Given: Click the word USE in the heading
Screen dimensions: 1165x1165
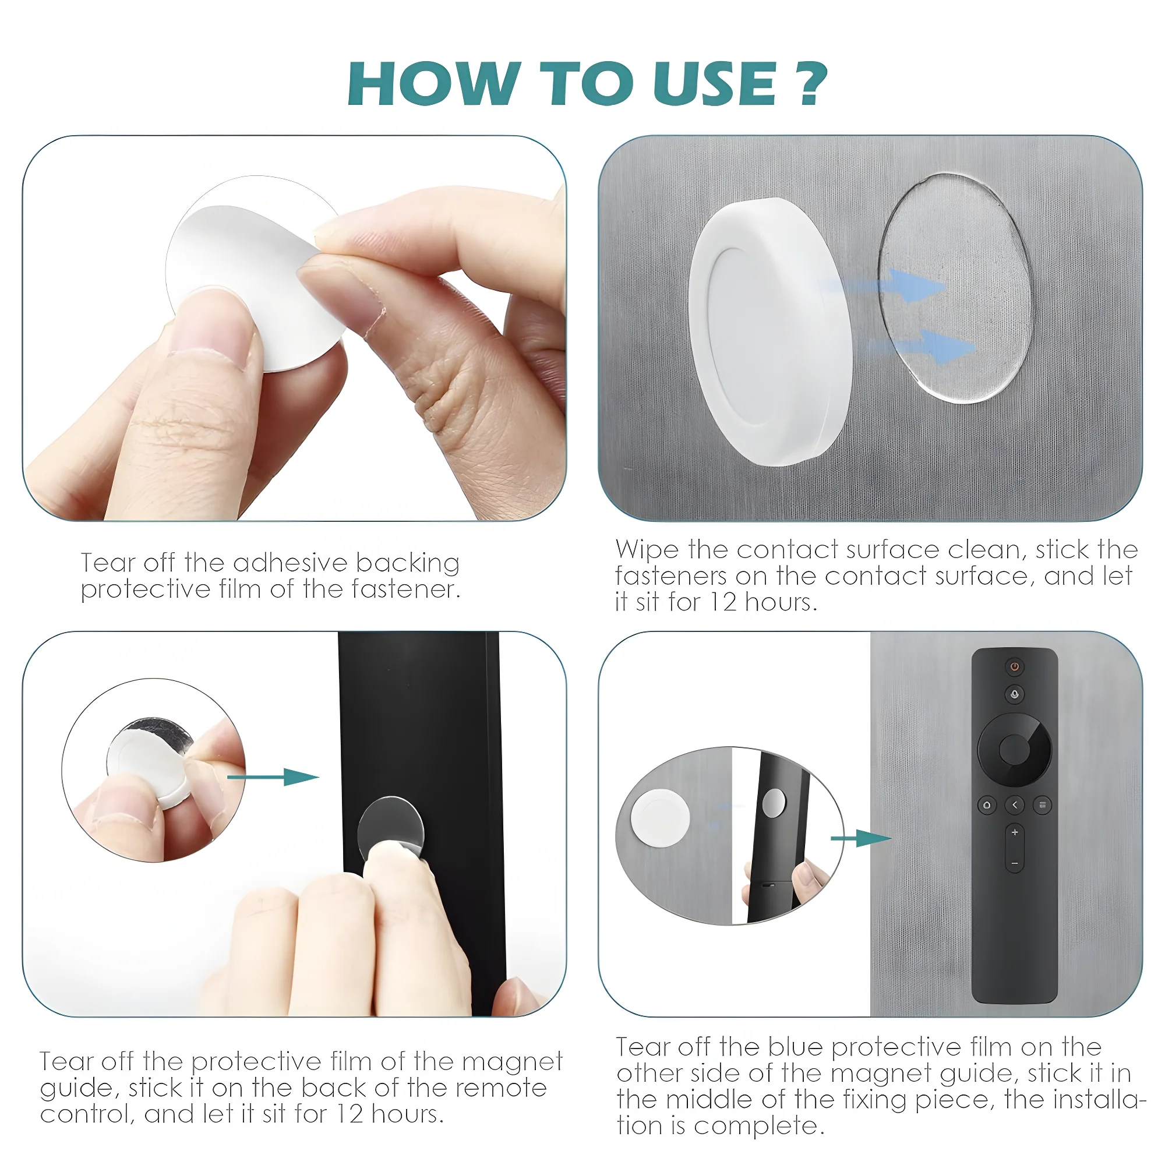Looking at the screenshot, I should click(x=714, y=84).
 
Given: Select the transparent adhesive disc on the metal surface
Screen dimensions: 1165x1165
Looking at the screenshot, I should click(x=955, y=288).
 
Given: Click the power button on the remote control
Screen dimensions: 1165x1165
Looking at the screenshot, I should click(x=1014, y=666).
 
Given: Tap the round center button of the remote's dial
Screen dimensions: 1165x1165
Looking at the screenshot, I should click(x=1014, y=750).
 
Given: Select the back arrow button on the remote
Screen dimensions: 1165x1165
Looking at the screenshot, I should click(x=1014, y=805).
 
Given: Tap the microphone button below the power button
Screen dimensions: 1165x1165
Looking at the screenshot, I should click(x=1014, y=694).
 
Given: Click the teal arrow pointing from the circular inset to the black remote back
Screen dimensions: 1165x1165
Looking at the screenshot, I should click(x=274, y=777).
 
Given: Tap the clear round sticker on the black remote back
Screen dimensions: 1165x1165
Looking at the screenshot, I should click(x=391, y=826).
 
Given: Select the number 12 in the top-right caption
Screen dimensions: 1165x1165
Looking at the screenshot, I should click(x=722, y=602).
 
